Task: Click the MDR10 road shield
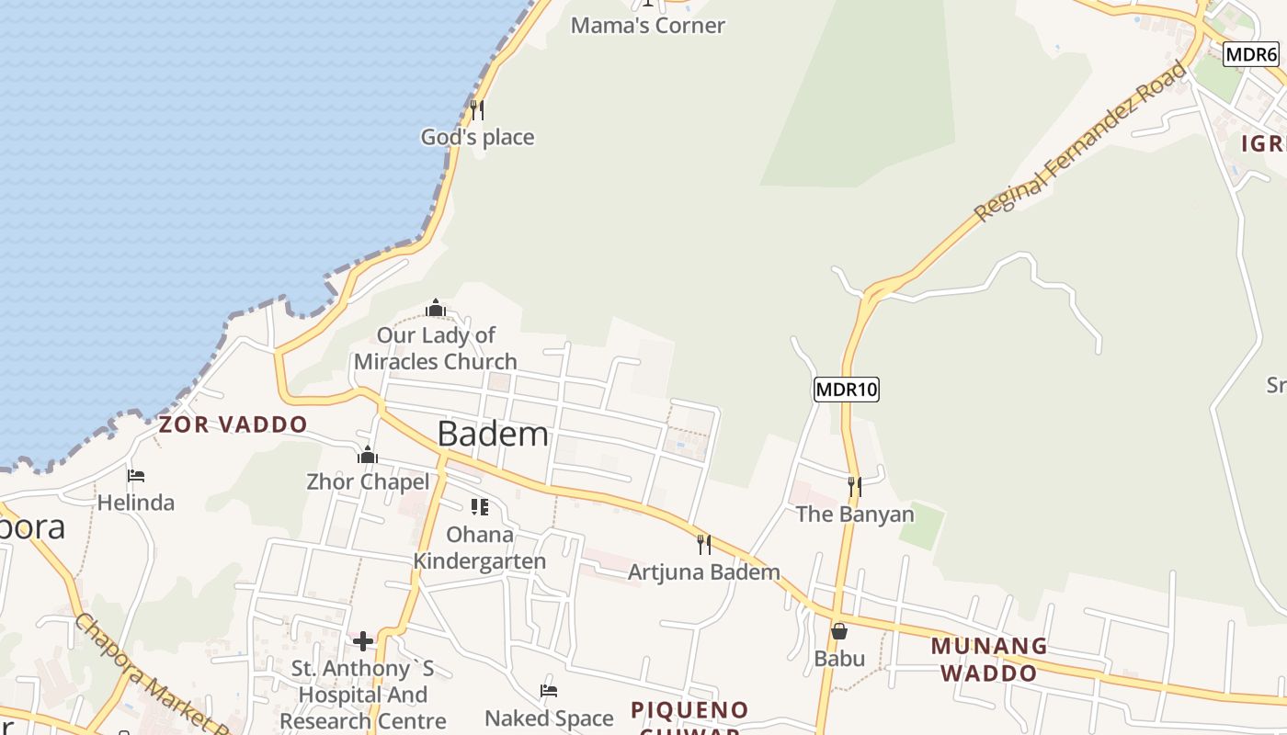847,390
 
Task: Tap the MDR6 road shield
1251,54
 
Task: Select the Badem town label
493,434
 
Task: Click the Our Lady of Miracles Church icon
436,308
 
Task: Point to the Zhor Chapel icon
368,455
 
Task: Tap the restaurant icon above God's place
477,110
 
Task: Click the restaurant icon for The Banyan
855,486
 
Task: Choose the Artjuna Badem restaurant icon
704,545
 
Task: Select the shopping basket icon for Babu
839,631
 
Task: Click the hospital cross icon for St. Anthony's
363,640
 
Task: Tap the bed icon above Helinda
136,476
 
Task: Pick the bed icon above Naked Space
549,691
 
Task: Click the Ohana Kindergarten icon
479,507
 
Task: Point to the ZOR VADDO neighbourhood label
233,424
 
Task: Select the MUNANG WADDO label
989,659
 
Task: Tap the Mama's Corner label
648,26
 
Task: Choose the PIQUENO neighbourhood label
689,710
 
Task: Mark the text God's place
477,138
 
